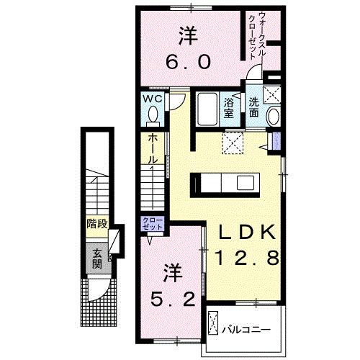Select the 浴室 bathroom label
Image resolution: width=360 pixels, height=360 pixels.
pos(229,107)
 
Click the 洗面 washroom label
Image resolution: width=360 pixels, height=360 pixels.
pos(255,102)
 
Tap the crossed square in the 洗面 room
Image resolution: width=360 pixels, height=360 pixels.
pos(271,94)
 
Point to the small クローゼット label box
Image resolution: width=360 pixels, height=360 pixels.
pos(153,224)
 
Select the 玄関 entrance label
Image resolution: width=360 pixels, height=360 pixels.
pos(96,258)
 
